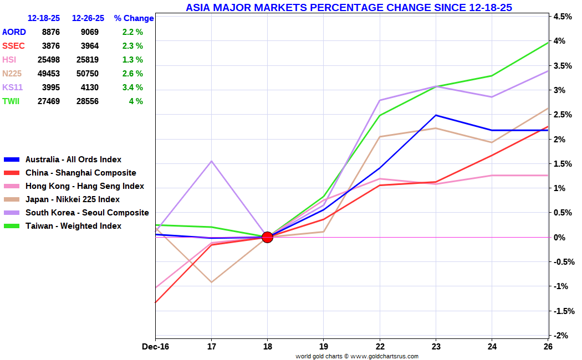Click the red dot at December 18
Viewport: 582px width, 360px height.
[x=267, y=237]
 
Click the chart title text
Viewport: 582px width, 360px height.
[x=349, y=7]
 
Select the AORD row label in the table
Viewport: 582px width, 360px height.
[x=14, y=32]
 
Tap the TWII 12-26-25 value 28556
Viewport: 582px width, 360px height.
[x=88, y=101]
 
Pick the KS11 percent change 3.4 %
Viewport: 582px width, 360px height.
[x=132, y=88]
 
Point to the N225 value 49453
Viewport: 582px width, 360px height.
[x=49, y=74]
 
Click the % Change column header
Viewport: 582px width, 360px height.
[x=134, y=18]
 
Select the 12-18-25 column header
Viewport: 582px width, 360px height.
[x=44, y=18]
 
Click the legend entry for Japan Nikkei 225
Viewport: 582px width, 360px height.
[x=62, y=199]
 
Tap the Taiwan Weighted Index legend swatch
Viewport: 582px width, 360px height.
[x=12, y=226]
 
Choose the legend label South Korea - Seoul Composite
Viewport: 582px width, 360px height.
[x=87, y=213]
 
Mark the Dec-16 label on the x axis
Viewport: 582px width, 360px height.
[x=156, y=347]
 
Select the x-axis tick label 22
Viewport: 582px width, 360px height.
[x=380, y=347]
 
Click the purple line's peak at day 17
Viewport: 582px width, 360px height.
[x=212, y=161]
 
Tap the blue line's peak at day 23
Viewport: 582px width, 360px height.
[x=436, y=115]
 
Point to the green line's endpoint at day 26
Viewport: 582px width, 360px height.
[x=548, y=43]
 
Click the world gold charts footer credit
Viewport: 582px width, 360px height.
[x=357, y=356]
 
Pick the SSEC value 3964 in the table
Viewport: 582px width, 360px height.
[x=90, y=46]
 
